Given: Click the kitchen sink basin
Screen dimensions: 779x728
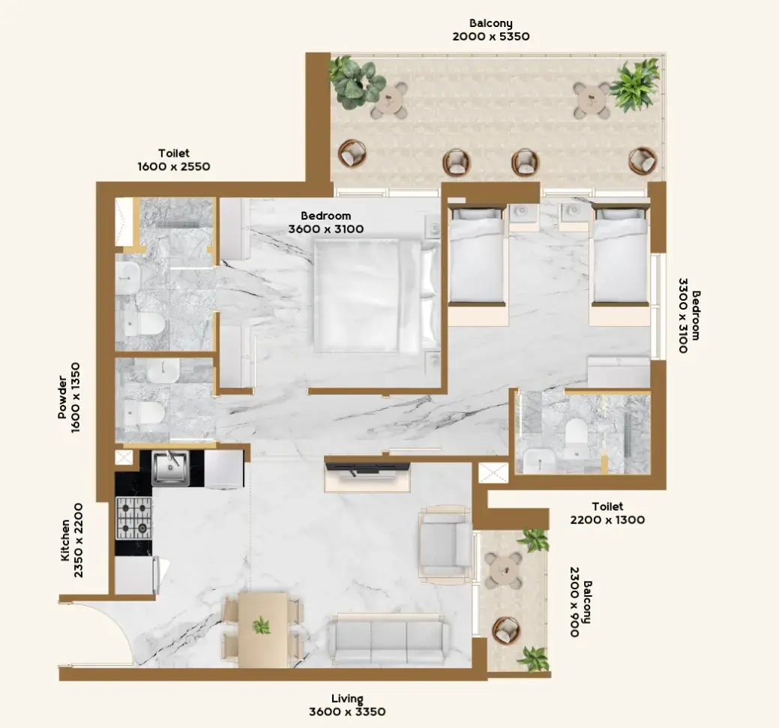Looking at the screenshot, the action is point(170,468).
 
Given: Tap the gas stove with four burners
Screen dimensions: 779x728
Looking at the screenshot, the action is point(134,518).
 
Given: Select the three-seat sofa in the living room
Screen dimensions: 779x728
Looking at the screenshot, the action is point(389,639).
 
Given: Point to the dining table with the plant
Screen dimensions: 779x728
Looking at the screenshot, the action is point(263,629).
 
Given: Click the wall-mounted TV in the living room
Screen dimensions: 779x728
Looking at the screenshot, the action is point(367,467).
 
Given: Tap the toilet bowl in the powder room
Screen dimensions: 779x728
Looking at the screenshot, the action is point(143,412).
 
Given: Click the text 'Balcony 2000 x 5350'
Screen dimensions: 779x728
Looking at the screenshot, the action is point(491,30).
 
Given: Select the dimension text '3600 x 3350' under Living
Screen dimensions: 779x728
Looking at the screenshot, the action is point(347,712).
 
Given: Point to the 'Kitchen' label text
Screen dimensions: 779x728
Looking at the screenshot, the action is point(65,540).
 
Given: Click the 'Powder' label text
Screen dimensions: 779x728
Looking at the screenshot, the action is point(62,397).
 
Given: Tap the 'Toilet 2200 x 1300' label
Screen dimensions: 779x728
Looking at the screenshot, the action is point(607,514).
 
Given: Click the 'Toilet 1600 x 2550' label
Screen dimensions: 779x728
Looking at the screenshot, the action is point(174,160).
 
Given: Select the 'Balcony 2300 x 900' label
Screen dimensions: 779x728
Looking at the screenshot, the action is point(580,602).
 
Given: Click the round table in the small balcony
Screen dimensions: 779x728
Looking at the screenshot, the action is point(503,570).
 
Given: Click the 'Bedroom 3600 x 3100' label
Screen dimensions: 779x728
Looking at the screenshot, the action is point(326,222).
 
